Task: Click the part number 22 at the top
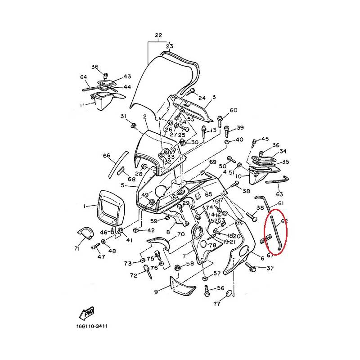[x=158, y=36]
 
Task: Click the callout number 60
[x=233, y=111]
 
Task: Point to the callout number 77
[x=217, y=304]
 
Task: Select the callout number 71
[x=77, y=248]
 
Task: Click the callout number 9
[x=156, y=292]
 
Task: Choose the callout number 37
[x=270, y=269]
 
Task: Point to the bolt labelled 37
[x=251, y=268]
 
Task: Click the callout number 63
[x=279, y=194]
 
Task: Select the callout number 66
[x=107, y=156]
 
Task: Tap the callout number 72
[x=133, y=275]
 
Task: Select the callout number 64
[x=84, y=77]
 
